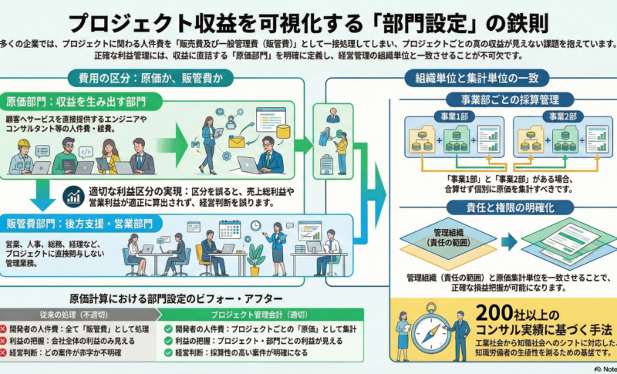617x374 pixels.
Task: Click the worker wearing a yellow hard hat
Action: click(22, 153)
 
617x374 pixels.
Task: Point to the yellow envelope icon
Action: click(235, 142)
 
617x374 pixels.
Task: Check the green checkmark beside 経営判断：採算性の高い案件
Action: click(168, 352)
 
